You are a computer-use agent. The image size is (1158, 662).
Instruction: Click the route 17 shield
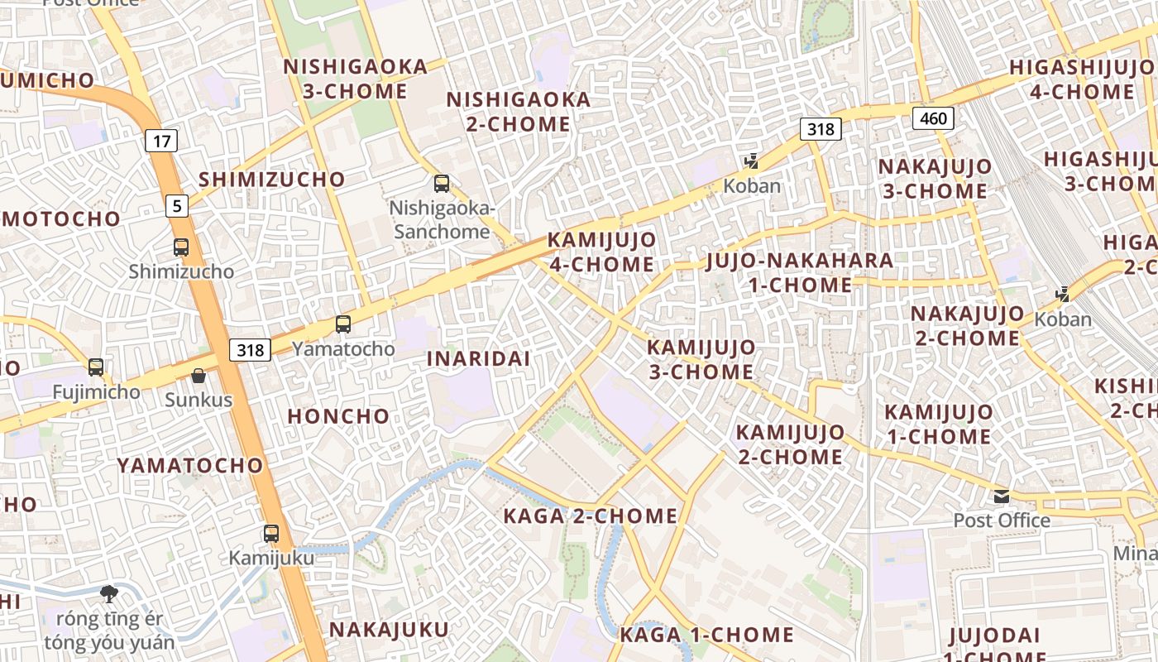[x=161, y=141]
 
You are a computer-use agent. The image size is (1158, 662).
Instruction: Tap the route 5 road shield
[x=177, y=205]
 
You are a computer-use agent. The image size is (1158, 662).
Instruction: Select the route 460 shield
[x=933, y=118]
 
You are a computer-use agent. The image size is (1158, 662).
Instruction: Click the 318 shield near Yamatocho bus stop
[x=250, y=350]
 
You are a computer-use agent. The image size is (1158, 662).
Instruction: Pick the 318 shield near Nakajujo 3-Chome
[x=821, y=129]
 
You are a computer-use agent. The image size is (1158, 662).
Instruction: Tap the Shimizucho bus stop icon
[x=181, y=247]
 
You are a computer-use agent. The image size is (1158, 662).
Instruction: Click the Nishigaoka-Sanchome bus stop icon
[x=442, y=184]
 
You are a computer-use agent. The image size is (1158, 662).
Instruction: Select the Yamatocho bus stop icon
[x=343, y=324]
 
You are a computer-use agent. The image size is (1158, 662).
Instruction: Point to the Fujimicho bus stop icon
[x=96, y=367]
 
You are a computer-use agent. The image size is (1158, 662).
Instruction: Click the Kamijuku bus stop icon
[x=271, y=534]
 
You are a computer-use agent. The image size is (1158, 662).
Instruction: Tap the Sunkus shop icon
[x=199, y=377]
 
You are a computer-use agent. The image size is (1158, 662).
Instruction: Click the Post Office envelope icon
[x=1002, y=496]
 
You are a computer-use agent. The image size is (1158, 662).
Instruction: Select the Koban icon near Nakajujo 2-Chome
[x=1063, y=294]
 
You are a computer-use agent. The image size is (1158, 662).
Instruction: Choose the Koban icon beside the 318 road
[x=751, y=161]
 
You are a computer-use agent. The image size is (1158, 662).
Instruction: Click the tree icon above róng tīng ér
[x=108, y=593]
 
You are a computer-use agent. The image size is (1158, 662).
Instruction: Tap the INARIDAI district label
[x=478, y=358]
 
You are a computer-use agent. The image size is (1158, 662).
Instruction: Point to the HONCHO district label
[x=338, y=416]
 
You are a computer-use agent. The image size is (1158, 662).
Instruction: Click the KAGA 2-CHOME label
[x=591, y=516]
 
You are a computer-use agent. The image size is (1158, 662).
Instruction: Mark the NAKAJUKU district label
[x=389, y=630]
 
